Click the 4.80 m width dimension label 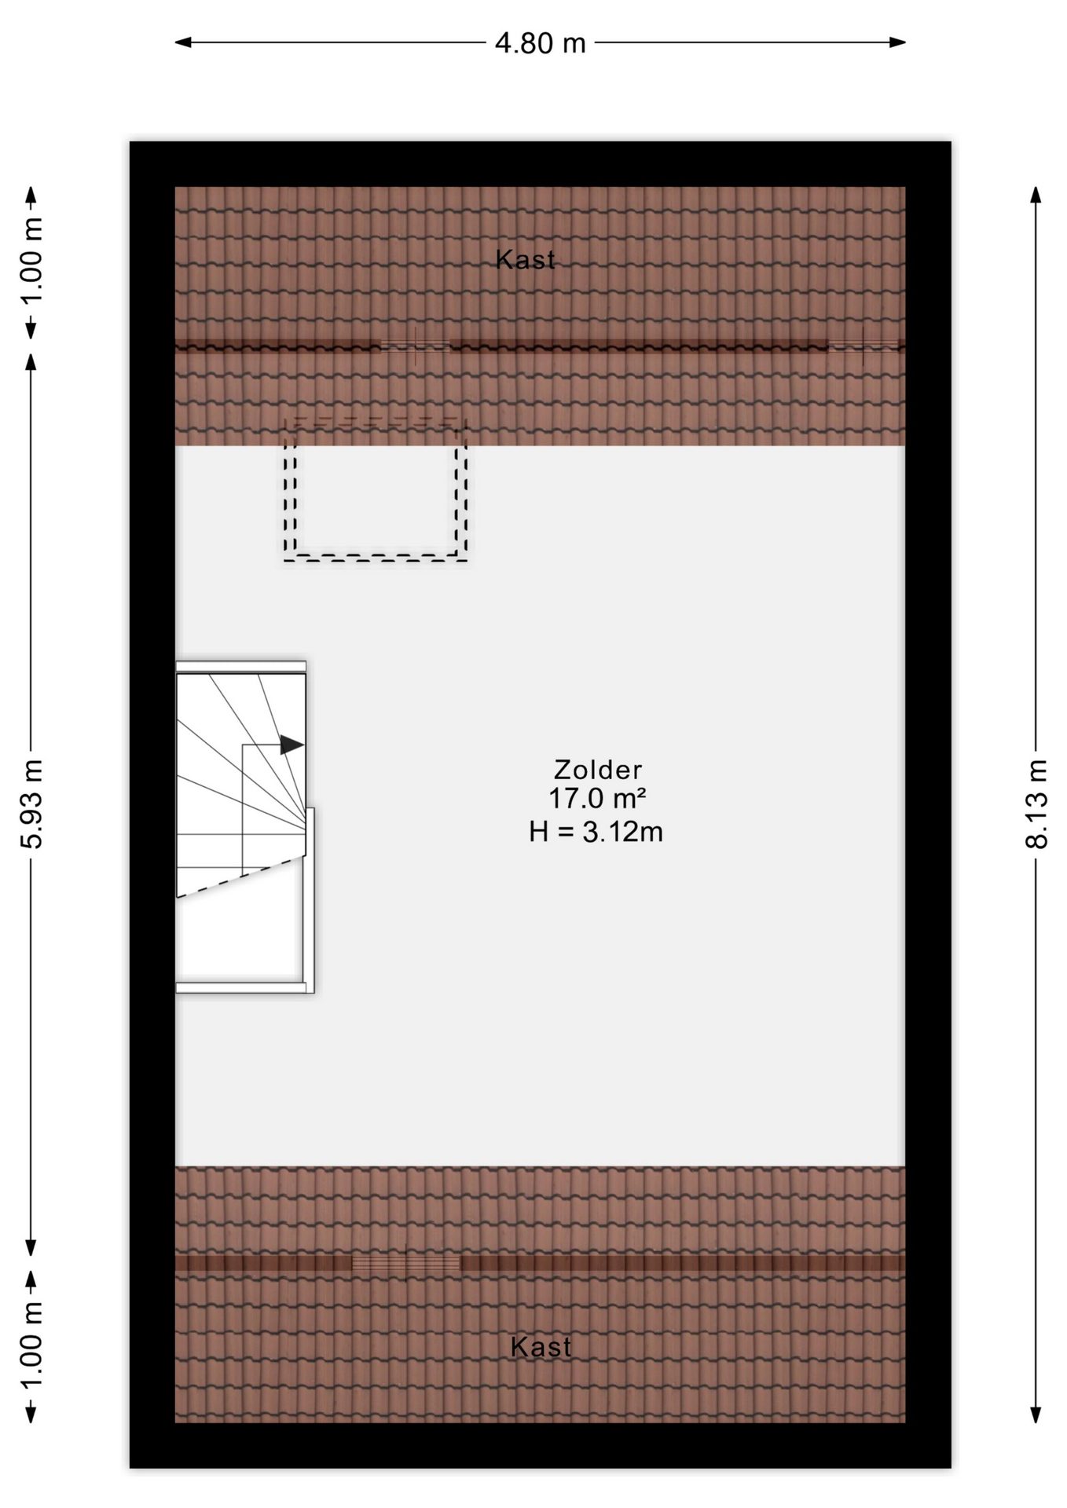pyautogui.click(x=540, y=43)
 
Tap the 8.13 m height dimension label pyautogui.click(x=1036, y=803)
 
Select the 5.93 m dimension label pyautogui.click(x=31, y=803)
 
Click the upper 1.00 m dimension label pyautogui.click(x=31, y=262)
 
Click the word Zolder pyautogui.click(x=598, y=769)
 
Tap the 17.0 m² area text pyautogui.click(x=597, y=799)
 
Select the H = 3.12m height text pyautogui.click(x=596, y=831)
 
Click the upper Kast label pyautogui.click(x=525, y=259)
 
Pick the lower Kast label pyautogui.click(x=541, y=1347)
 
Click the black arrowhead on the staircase pyautogui.click(x=292, y=745)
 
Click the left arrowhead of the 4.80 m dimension pyautogui.click(x=183, y=42)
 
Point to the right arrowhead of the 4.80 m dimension pyautogui.click(x=897, y=42)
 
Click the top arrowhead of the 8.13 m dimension pyautogui.click(x=1036, y=196)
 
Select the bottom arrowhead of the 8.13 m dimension pyautogui.click(x=1036, y=1414)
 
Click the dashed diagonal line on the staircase pyautogui.click(x=240, y=877)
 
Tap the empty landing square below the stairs pyautogui.click(x=239, y=939)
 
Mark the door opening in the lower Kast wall pyautogui.click(x=405, y=1263)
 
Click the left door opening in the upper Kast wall pyautogui.click(x=416, y=346)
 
